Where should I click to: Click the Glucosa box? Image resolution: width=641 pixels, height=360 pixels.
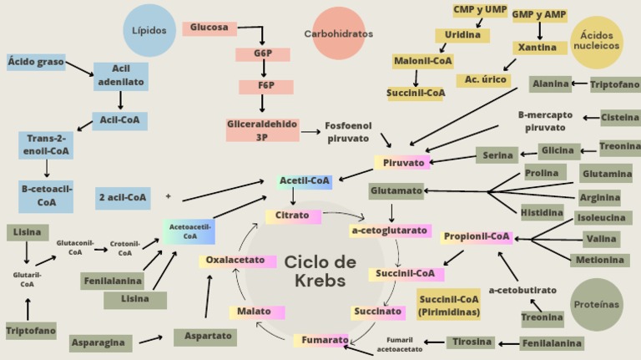pos(209,28)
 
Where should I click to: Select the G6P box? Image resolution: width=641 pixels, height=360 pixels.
pos(263,55)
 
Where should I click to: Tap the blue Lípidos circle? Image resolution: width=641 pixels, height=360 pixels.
pos(149,31)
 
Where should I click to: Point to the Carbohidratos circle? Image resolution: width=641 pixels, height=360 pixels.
pos(338,33)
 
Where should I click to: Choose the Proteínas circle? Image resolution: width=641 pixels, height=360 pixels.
pos(598,305)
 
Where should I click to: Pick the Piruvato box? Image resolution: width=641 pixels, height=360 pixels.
pos(402,162)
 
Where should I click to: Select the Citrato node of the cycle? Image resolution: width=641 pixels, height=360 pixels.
pos(293,216)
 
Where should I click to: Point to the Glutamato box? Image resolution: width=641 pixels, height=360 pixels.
pos(396,191)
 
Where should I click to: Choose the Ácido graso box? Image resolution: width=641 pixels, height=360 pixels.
pos(36,62)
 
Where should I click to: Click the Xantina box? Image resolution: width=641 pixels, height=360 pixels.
pos(539,48)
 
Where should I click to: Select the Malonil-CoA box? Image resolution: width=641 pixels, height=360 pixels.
pos(422,61)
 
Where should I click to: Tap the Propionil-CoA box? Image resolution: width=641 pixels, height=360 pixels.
pos(477,237)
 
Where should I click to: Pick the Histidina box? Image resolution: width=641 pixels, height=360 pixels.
pos(542,213)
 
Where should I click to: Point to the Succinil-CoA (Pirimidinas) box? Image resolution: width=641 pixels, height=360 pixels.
pos(449,306)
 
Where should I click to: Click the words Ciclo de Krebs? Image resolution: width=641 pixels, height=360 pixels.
pos(320,271)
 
